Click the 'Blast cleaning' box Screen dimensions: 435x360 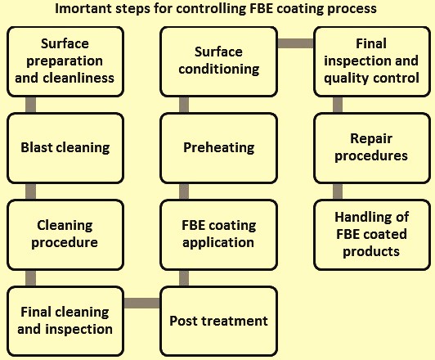click(x=65, y=148)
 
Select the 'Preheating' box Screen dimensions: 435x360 click(x=218, y=148)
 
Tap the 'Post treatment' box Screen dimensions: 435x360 click(x=218, y=322)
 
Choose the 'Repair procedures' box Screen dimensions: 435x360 click(x=372, y=148)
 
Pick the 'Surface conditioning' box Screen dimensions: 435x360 click(x=218, y=61)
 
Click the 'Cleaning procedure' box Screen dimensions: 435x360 click(x=65, y=235)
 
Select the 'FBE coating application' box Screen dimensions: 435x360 click(x=218, y=235)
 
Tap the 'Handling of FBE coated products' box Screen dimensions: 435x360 click(x=372, y=235)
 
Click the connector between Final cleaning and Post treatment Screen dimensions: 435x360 click(x=142, y=303)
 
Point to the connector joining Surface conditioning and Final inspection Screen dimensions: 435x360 click(x=295, y=43)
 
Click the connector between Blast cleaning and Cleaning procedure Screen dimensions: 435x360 click(x=30, y=191)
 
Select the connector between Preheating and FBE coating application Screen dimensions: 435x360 click(x=184, y=191)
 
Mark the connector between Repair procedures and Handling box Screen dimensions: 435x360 click(x=338, y=191)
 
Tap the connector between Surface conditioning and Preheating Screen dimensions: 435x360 click(x=184, y=105)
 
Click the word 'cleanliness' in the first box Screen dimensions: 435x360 click(x=78, y=78)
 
